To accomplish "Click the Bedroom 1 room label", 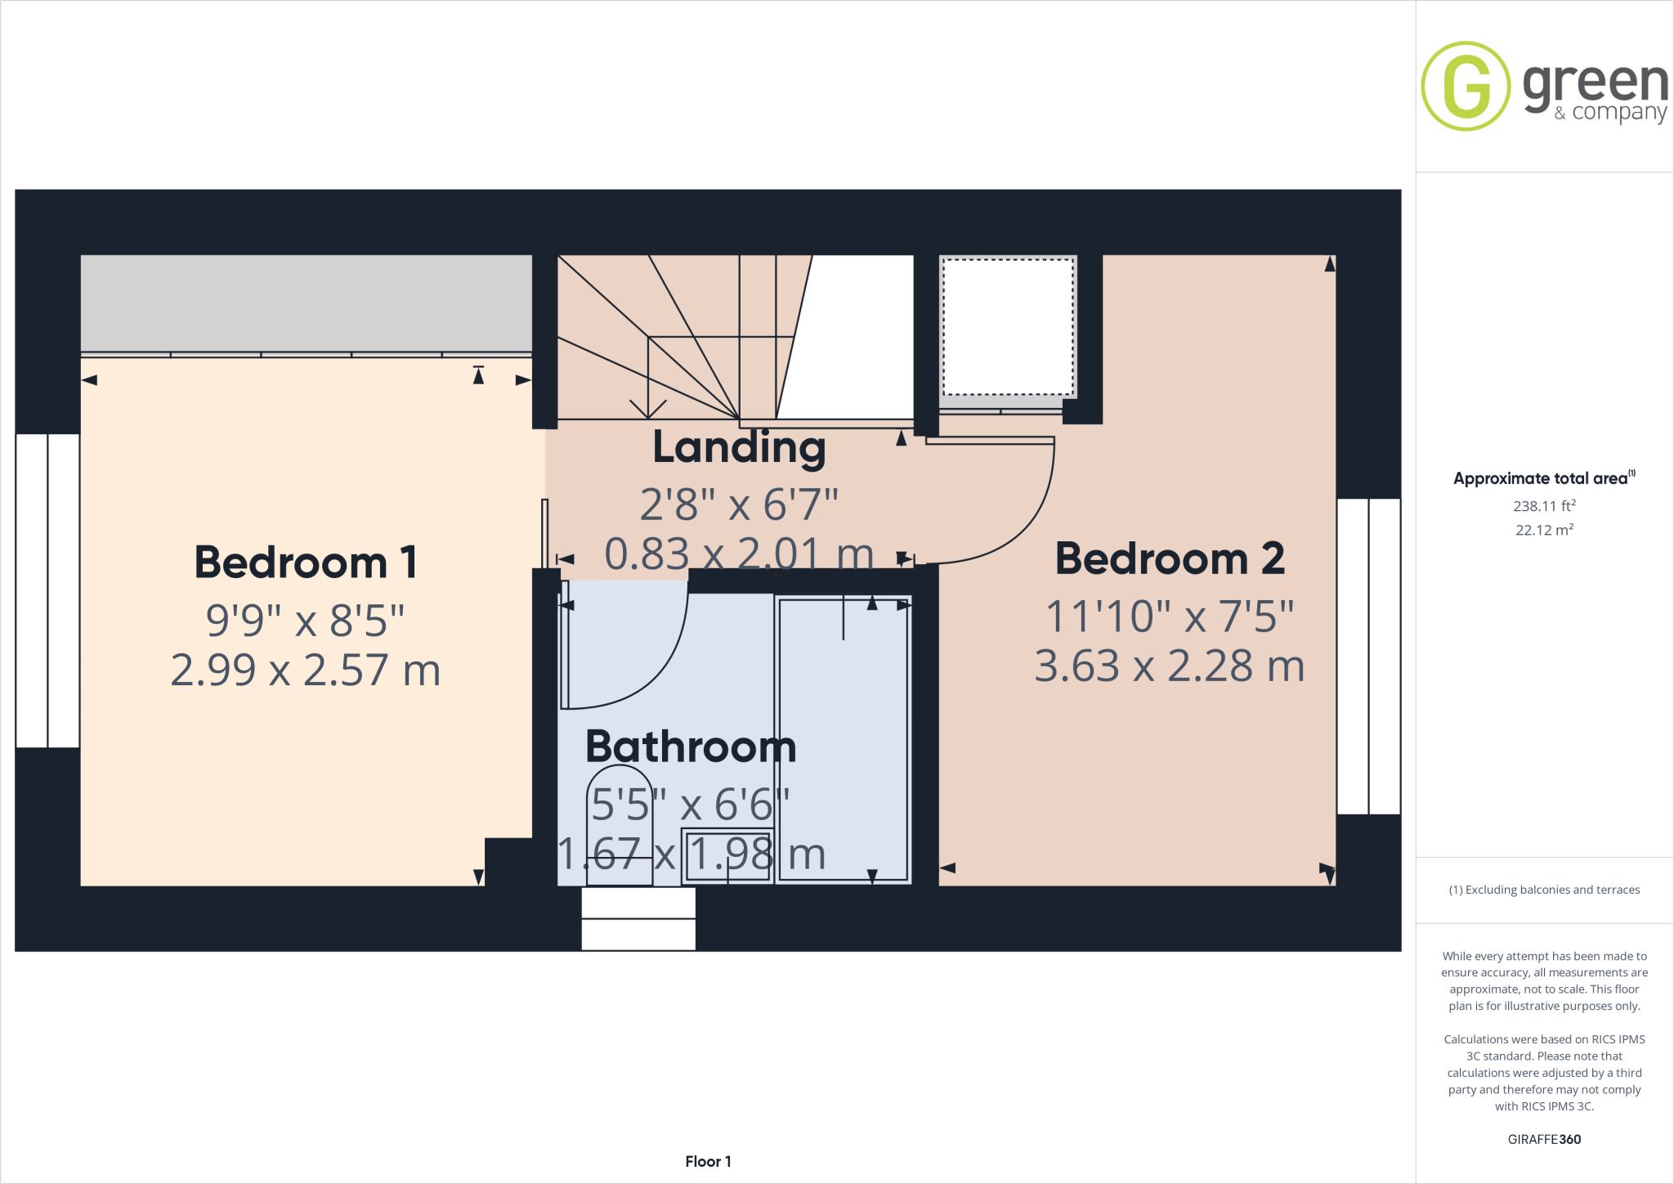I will click(x=306, y=563).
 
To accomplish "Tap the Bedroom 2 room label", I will click(x=1170, y=559).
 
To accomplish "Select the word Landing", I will click(x=739, y=448).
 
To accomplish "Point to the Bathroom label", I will click(x=691, y=747).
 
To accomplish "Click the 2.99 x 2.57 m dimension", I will click(x=306, y=670).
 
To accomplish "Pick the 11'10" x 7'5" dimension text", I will click(x=1170, y=617).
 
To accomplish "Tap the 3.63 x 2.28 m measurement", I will click(x=1170, y=666).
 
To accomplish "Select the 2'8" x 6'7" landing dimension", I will click(x=739, y=505).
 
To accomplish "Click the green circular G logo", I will click(x=1466, y=86).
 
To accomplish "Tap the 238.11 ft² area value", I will click(x=1544, y=506).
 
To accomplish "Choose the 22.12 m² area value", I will click(x=1544, y=530).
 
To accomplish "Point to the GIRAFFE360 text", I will click(x=1544, y=1139).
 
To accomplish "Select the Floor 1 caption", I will click(x=708, y=1161).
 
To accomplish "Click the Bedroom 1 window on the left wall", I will click(x=47, y=590).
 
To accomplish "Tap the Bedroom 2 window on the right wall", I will click(x=1368, y=656).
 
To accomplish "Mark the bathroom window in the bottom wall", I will click(x=638, y=919).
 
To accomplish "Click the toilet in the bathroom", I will click(x=620, y=826).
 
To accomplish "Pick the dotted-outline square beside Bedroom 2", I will click(x=1008, y=327).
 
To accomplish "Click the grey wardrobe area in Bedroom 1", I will click(x=306, y=303).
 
